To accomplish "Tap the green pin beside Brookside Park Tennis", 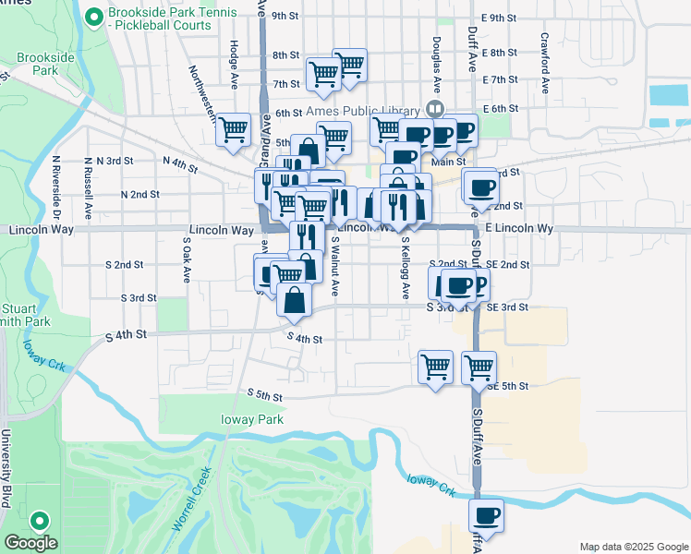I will coord(93,17).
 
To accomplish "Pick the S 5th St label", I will coord(264,394).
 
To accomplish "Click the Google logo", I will coord(30,543).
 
